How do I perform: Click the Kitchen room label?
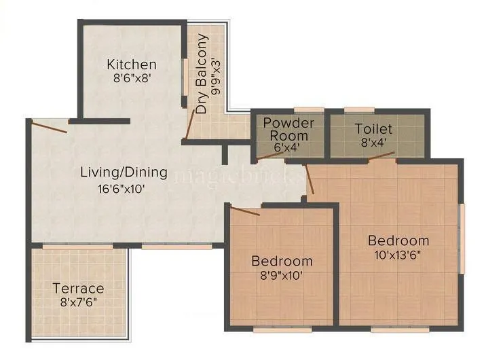coord(132,65)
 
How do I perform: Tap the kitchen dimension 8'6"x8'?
coord(132,78)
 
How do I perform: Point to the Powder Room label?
coord(288,128)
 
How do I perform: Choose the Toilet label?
coord(373,128)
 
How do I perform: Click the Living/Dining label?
coord(124,173)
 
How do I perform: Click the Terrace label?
coord(79,289)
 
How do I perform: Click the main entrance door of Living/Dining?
coord(49,126)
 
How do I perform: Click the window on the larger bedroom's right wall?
coord(462,231)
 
